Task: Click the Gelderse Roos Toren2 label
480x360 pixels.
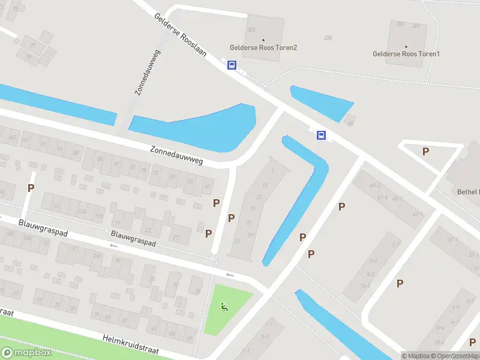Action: click(x=263, y=47)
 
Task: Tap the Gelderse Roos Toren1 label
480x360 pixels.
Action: click(x=406, y=54)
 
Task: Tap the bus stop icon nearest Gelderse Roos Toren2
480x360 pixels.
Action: click(x=232, y=65)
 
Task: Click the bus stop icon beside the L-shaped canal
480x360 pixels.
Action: click(x=322, y=135)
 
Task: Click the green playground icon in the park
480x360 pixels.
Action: click(x=224, y=308)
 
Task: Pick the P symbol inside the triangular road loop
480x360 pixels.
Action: click(x=425, y=151)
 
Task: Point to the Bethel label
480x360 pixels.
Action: click(x=467, y=192)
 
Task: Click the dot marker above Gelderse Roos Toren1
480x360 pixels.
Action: click(x=406, y=46)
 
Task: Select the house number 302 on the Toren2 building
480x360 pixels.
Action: click(x=251, y=29)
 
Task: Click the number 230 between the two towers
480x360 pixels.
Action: click(x=328, y=38)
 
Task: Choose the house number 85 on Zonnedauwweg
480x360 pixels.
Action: click(x=100, y=160)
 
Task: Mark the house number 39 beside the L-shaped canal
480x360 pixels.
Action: click(x=250, y=235)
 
